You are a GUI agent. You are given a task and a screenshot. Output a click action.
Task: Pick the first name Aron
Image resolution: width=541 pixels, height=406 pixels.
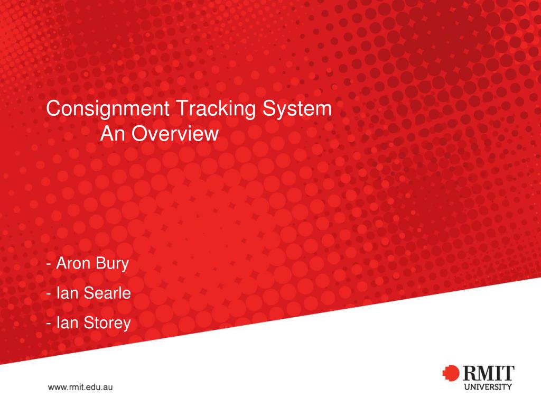pyautogui.click(x=74, y=263)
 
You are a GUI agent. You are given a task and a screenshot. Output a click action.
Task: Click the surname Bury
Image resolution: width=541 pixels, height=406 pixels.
pyautogui.click(x=113, y=263)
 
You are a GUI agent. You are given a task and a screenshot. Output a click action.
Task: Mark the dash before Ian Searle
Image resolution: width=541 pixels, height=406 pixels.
pyautogui.click(x=49, y=293)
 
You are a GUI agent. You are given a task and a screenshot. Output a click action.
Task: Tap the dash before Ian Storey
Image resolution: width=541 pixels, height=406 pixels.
pyautogui.click(x=49, y=323)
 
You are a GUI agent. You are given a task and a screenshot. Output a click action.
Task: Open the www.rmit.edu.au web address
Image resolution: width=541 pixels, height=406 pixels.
pyautogui.click(x=81, y=387)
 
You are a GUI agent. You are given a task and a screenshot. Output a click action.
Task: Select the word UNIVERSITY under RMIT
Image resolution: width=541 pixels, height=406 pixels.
pyautogui.click(x=488, y=386)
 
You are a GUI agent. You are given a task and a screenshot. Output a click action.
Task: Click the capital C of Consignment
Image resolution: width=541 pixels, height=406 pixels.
pyautogui.click(x=53, y=109)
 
